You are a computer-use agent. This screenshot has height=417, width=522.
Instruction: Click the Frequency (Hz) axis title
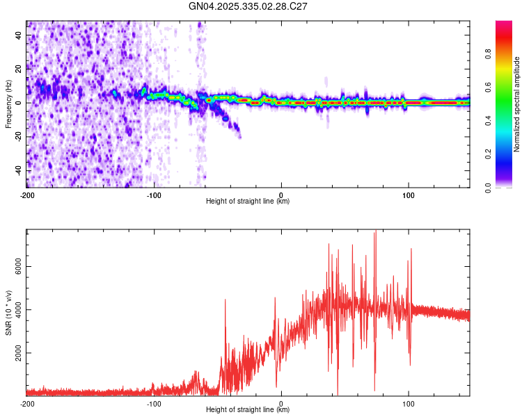tap(8, 104)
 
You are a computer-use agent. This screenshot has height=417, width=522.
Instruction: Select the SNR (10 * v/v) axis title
tap(8, 313)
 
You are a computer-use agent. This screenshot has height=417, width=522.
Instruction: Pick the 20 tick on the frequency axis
tap(20, 69)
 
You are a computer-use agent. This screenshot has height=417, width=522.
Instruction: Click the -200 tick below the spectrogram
tap(27, 195)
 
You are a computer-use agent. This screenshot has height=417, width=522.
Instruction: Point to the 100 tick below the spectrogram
tap(408, 195)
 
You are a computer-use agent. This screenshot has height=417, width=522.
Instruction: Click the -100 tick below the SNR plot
tap(154, 403)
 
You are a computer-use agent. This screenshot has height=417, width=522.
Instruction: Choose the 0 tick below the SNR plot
tap(281, 403)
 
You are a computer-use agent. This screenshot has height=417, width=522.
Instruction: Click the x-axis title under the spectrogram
tap(248, 202)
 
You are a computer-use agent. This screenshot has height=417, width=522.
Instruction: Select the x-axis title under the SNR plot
tap(248, 409)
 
